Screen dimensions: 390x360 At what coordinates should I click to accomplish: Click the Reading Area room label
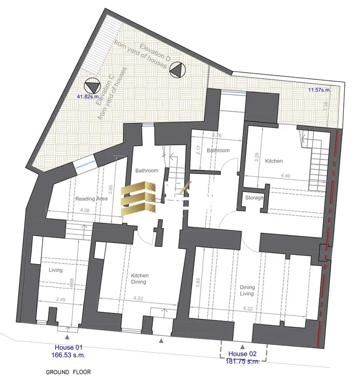[x=91, y=199]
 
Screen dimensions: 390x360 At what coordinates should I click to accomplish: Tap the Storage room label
[x=254, y=198]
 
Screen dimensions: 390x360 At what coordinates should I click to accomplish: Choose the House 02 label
[x=242, y=353]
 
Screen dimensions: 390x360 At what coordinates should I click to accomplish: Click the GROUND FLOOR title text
[x=68, y=372]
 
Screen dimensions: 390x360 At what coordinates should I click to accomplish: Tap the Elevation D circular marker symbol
[x=178, y=69]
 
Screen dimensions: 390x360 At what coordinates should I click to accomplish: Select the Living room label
[x=55, y=270]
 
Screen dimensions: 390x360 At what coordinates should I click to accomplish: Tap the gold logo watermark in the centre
[x=138, y=198]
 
